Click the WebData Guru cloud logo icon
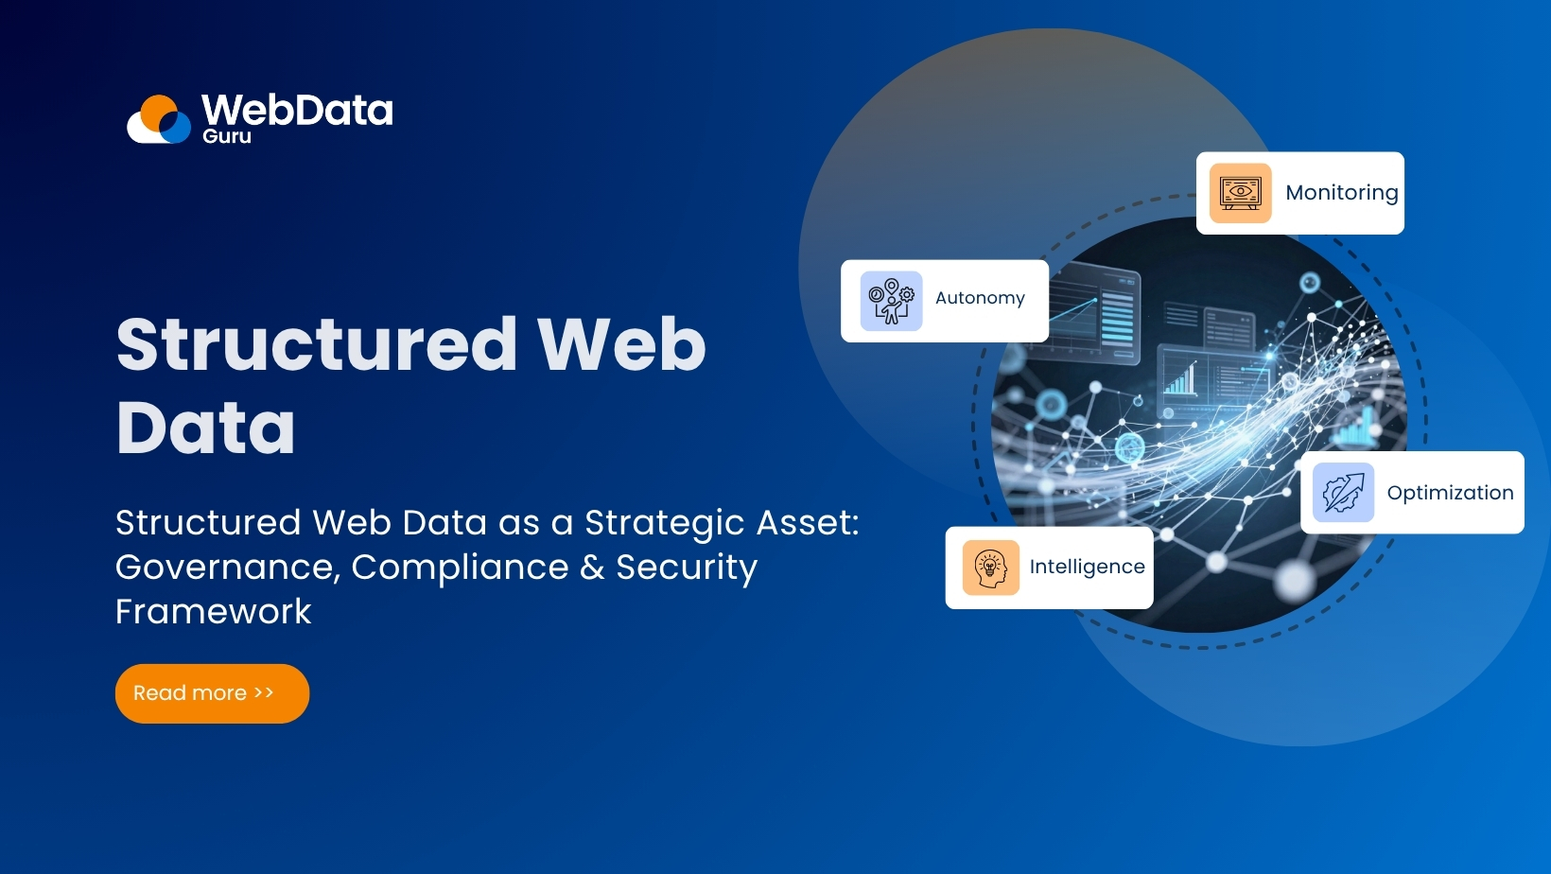(160, 120)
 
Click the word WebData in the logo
(297, 110)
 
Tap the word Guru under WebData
(227, 136)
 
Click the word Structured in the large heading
(317, 344)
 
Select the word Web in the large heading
(622, 344)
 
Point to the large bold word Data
(206, 428)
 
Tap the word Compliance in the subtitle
(460, 568)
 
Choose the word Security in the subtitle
(687, 568)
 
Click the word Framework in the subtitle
(214, 612)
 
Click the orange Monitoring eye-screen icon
(1240, 193)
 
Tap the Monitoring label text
(1341, 193)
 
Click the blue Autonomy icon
(891, 301)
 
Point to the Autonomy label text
(980, 298)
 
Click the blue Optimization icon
(1343, 493)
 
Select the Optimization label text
(1450, 493)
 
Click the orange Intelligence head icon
(990, 568)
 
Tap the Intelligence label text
(1087, 567)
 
